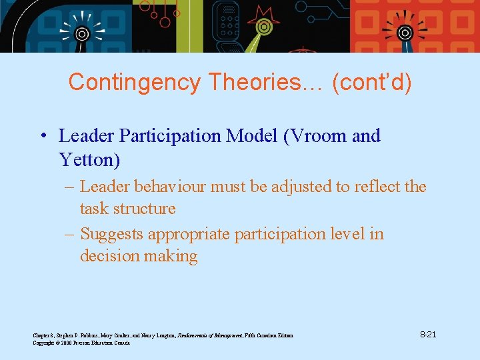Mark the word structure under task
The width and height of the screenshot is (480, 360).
pos(145,209)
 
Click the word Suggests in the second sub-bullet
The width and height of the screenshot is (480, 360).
pos(111,235)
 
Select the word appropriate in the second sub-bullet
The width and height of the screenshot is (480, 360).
pos(191,235)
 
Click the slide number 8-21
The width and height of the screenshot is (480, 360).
pos(427,334)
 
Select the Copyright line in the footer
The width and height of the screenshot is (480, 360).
pos(81,343)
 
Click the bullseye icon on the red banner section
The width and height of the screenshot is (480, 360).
pos(405,32)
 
